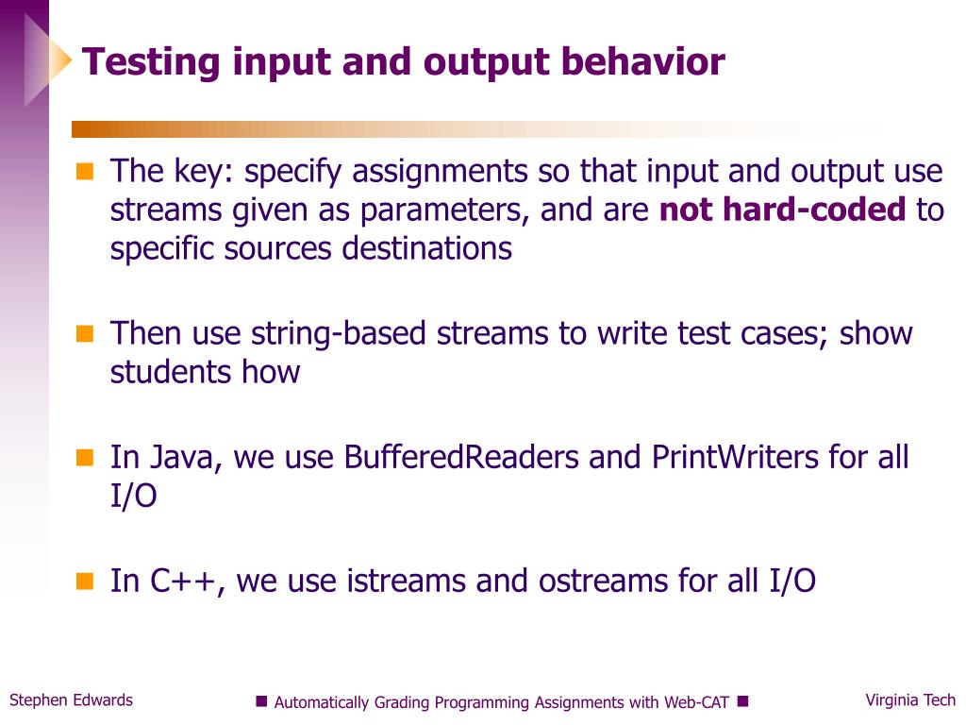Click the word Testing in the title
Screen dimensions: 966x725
pyautogui.click(x=151, y=63)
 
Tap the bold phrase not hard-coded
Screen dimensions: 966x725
pyautogui.click(x=782, y=209)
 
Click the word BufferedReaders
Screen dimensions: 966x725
pyautogui.click(x=461, y=457)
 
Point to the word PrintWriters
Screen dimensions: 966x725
pyautogui.click(x=734, y=457)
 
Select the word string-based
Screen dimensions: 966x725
pyautogui.click(x=339, y=333)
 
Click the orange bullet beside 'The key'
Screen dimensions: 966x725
pyautogui.click(x=85, y=171)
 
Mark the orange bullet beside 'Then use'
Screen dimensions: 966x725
pyautogui.click(x=85, y=333)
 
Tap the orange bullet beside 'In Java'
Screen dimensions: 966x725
pyautogui.click(x=85, y=458)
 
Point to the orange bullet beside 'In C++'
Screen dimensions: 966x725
pyautogui.click(x=85, y=581)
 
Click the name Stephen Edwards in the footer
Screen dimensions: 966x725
pyautogui.click(x=72, y=700)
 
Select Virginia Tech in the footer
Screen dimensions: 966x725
pyautogui.click(x=910, y=700)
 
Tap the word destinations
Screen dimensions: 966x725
pyautogui.click(x=427, y=248)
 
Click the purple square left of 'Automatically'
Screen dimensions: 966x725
pyautogui.click(x=262, y=701)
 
